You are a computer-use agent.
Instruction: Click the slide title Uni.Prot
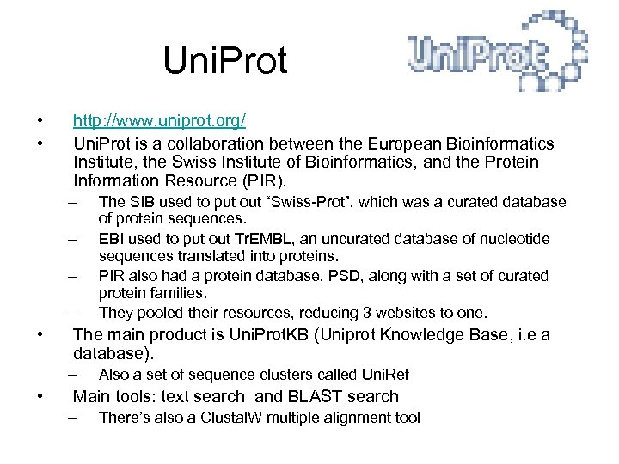click(x=225, y=61)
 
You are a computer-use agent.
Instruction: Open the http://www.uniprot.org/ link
click(x=160, y=123)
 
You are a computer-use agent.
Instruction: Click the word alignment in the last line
click(x=351, y=418)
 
